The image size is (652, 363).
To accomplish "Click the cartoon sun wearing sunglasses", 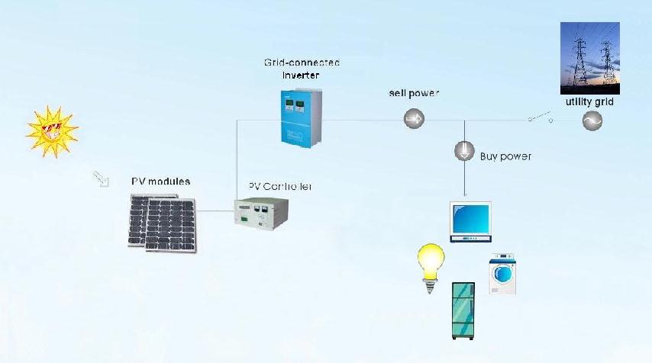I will (51, 130).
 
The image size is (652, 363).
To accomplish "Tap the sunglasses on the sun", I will (51, 128).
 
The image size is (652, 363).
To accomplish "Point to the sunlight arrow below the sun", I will (101, 178).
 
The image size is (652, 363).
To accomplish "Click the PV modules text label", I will (160, 181).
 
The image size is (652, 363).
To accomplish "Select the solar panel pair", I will (162, 222).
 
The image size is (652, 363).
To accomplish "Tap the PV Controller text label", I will (280, 186).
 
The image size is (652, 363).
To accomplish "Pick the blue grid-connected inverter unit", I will (301, 118).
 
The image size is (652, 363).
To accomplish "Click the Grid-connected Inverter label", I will (302, 69).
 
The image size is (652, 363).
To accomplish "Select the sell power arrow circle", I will (414, 118).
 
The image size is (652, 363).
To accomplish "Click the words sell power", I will (415, 93).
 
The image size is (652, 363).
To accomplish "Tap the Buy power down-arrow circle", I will (464, 151).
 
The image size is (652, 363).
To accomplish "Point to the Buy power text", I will (505, 156).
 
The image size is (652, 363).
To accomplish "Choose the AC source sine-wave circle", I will (592, 120).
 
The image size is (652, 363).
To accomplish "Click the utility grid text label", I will (589, 101).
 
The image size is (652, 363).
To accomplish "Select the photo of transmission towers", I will (589, 58).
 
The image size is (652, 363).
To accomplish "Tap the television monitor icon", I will (470, 221).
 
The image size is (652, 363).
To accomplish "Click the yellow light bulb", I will (431, 268).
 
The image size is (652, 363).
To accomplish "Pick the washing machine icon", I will (502, 274).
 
